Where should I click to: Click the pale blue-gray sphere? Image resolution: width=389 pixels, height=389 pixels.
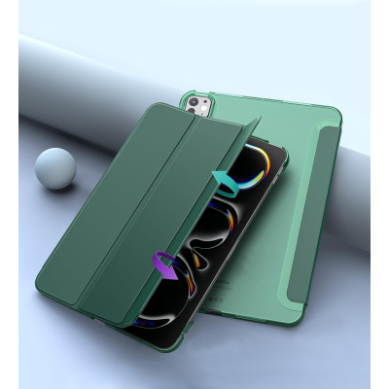point(54,166)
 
